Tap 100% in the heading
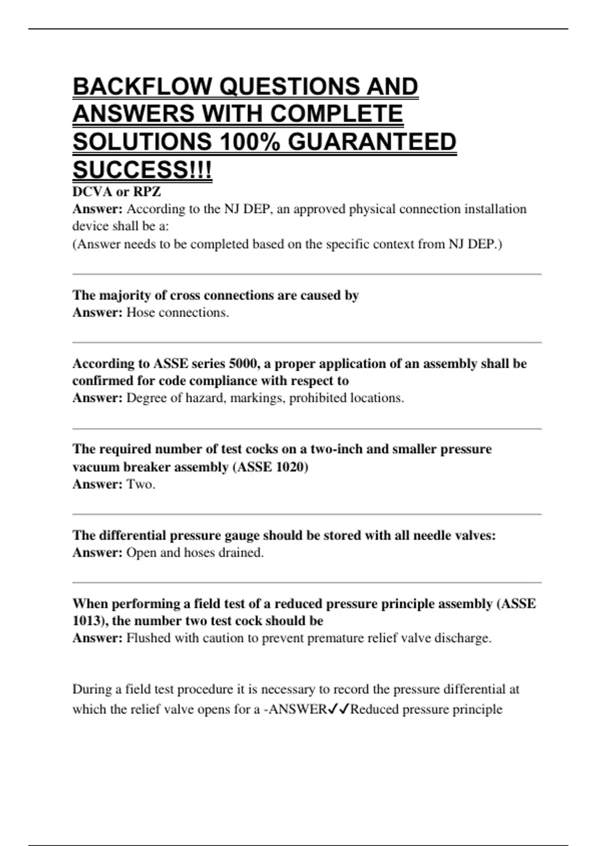click(249, 142)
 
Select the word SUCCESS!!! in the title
click(142, 170)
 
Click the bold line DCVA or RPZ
click(116, 192)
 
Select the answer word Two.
click(141, 484)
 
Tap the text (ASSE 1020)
click(270, 467)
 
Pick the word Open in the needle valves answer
click(141, 552)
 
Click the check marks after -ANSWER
click(338, 709)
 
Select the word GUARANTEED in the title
click(372, 142)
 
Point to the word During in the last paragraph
click(92, 689)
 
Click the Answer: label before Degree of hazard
click(97, 398)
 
